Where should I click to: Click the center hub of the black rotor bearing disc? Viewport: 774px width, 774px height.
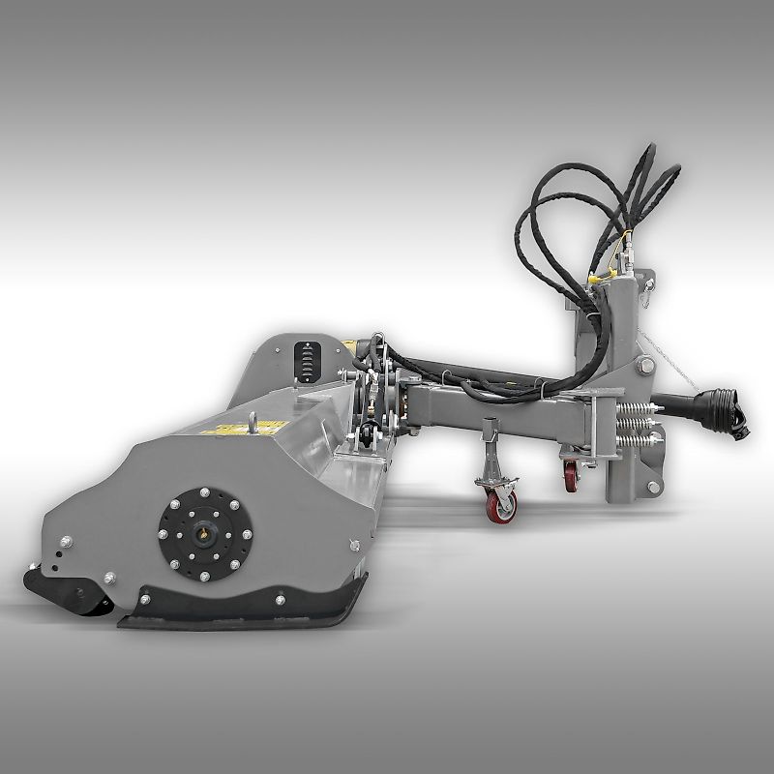205,533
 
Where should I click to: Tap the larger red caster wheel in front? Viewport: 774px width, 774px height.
501,506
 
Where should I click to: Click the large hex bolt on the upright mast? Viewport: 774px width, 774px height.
645,366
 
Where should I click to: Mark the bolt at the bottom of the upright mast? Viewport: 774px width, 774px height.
653,487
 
